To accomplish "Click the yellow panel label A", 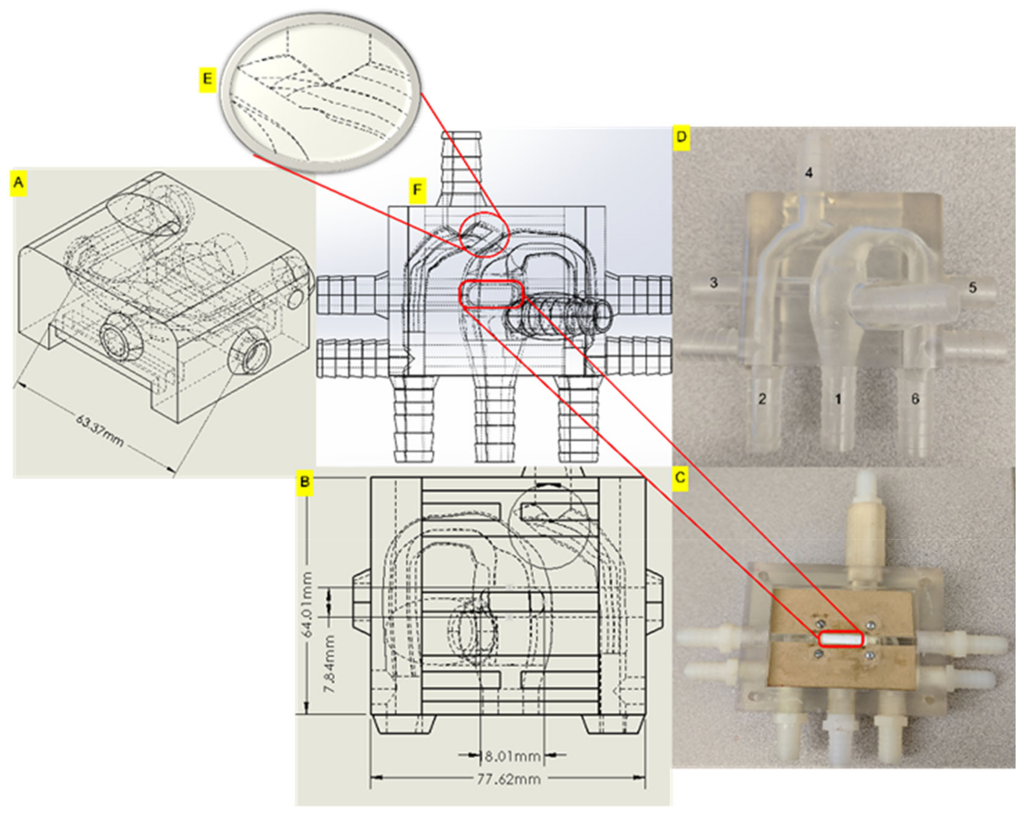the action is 19,182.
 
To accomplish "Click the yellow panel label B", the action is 305,482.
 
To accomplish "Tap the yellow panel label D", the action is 681,137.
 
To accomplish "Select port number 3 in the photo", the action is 713,282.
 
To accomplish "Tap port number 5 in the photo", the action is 972,287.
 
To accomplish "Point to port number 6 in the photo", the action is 915,399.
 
